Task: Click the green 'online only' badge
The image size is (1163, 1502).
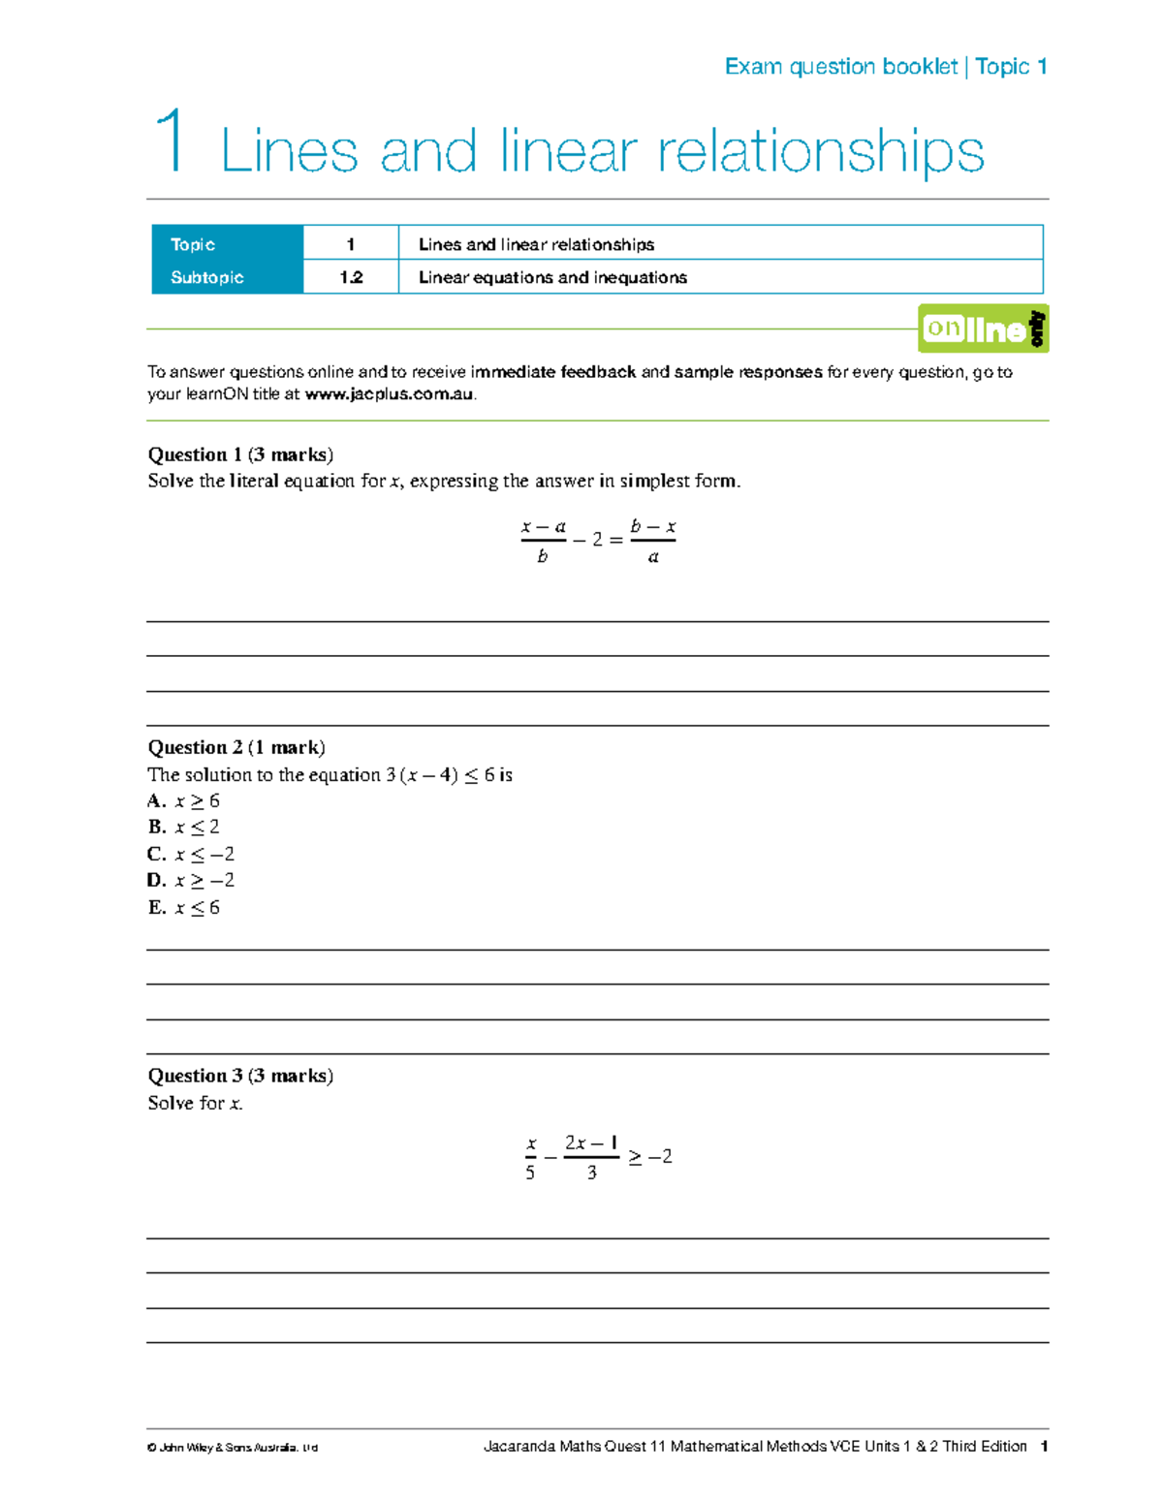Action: pos(983,329)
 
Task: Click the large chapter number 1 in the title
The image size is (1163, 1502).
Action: pos(171,141)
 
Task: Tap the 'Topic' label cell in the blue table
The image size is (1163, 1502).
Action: pos(227,244)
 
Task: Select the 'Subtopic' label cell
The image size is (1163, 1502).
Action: pos(227,277)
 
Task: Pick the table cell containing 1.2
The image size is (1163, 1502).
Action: pos(351,277)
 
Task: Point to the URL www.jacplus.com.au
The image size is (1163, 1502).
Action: pos(390,394)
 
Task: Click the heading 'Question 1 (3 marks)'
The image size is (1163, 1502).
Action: pos(240,454)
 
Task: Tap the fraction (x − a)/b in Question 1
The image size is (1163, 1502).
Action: pos(543,541)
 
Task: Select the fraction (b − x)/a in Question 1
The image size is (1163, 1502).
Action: pos(652,541)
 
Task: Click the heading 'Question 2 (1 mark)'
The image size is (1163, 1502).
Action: pos(236,747)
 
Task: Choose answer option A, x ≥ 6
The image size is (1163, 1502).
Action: pos(184,801)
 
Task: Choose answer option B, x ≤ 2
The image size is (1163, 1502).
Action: pos(184,828)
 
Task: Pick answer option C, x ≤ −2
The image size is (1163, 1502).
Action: pos(191,855)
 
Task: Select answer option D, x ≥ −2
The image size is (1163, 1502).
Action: pos(191,881)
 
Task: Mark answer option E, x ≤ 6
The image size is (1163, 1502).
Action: pos(184,908)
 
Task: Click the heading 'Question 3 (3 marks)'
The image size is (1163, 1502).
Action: pos(240,1076)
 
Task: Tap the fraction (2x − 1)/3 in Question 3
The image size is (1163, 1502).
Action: pos(591,1157)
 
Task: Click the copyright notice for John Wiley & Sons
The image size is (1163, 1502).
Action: pos(233,1448)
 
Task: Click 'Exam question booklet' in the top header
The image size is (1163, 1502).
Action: pos(840,67)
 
